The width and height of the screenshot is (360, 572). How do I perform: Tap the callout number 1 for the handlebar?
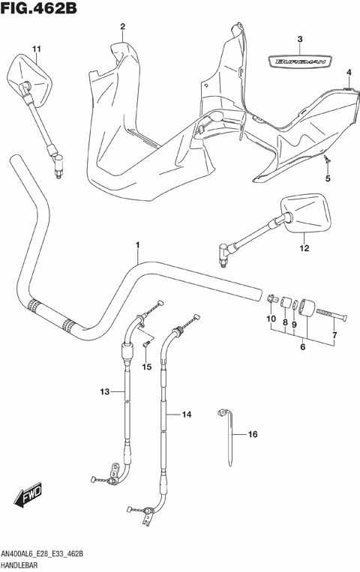(138, 244)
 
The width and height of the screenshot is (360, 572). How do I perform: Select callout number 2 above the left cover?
(121, 28)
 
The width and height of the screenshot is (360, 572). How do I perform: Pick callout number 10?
(271, 319)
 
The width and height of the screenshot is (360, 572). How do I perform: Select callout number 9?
(295, 325)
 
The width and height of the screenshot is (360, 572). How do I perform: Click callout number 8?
(285, 325)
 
